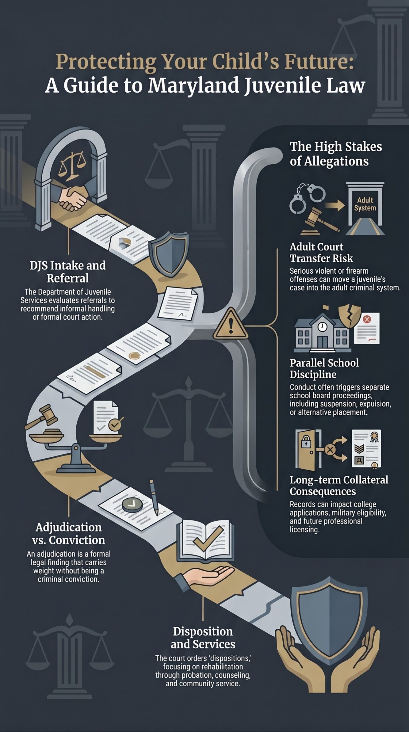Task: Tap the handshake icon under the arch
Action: point(73,197)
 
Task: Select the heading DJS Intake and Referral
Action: point(68,272)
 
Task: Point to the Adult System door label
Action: point(365,204)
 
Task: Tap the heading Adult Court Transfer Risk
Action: point(321,252)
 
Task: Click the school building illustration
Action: point(323,332)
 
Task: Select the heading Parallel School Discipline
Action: point(324,368)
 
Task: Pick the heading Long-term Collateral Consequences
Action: point(339,485)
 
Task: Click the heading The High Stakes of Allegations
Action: point(335,154)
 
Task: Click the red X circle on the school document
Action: point(367,319)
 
